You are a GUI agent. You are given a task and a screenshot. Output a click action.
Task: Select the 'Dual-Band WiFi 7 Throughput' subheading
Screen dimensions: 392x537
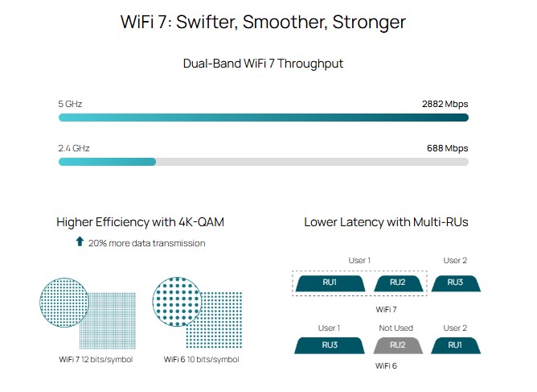pyautogui.click(x=263, y=64)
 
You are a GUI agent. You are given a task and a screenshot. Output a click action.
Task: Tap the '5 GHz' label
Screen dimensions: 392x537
pyautogui.click(x=70, y=104)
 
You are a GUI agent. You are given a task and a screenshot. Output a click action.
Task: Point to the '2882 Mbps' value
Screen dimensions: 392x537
pyautogui.click(x=445, y=104)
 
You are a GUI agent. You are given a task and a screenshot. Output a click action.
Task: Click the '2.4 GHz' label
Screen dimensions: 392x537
pyautogui.click(x=74, y=148)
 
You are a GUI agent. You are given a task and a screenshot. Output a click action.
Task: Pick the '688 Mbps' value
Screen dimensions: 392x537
pyautogui.click(x=447, y=148)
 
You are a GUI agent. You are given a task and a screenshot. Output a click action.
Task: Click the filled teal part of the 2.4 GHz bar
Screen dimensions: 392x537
pyautogui.click(x=107, y=162)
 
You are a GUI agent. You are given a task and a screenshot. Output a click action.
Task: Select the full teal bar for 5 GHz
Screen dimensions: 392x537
pyautogui.click(x=263, y=118)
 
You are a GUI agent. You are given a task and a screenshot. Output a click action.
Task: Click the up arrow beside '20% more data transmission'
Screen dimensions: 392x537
pyautogui.click(x=80, y=242)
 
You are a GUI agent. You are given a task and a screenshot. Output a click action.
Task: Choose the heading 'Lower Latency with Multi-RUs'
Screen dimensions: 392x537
pyautogui.click(x=386, y=221)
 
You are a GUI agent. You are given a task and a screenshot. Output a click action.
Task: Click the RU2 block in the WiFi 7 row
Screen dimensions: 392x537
pyautogui.click(x=397, y=283)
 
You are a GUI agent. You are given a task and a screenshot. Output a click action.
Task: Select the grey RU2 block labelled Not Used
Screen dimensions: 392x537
pyautogui.click(x=397, y=345)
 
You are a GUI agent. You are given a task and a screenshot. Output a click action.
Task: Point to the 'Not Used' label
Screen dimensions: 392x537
pyautogui.click(x=397, y=328)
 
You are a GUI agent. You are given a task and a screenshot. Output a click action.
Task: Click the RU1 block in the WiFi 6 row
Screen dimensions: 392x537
pyautogui.click(x=455, y=345)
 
